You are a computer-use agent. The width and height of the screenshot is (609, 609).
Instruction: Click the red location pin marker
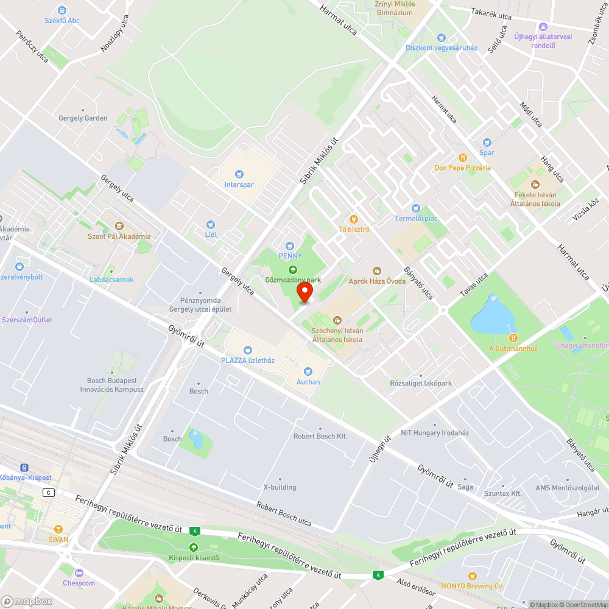point(304,293)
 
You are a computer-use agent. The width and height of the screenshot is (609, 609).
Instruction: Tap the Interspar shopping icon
point(239,174)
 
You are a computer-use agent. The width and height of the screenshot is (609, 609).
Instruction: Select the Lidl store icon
point(211,225)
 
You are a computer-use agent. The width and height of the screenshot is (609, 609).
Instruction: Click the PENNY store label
point(290,256)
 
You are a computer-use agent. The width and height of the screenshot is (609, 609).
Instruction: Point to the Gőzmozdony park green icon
point(292,270)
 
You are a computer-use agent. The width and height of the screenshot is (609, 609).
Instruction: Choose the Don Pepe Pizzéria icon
point(462,157)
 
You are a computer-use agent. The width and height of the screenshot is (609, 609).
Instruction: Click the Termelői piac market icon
point(416,208)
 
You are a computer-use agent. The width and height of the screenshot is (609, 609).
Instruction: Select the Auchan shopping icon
point(308,371)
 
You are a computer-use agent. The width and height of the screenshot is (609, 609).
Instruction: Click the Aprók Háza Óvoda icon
point(376,270)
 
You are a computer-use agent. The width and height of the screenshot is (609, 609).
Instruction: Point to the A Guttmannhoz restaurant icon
point(513,338)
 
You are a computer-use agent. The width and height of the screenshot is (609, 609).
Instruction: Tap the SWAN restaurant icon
point(58,529)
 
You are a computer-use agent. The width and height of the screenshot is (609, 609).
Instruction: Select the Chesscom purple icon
point(79,572)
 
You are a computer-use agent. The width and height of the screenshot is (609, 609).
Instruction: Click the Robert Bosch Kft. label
point(320,436)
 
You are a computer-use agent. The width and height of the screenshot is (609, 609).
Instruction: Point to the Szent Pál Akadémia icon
point(119,226)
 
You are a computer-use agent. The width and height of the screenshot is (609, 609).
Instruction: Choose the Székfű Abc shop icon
point(62,10)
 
